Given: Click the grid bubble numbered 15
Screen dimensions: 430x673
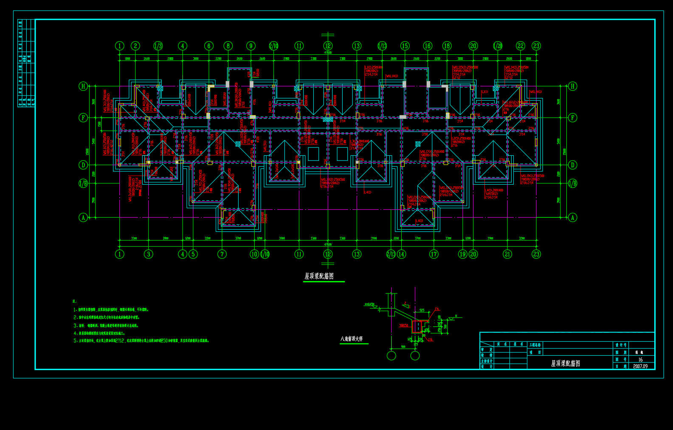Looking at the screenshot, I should click(x=405, y=46).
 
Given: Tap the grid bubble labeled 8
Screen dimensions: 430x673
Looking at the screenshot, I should click(x=228, y=46).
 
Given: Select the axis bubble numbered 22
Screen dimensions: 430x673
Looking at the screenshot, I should click(x=521, y=46).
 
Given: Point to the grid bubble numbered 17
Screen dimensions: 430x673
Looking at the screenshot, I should click(x=434, y=254).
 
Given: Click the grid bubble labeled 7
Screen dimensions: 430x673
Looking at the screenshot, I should click(x=222, y=254).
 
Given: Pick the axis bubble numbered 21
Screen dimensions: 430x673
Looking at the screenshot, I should click(x=507, y=254).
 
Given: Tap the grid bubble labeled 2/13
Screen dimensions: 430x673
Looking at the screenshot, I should click(x=391, y=254).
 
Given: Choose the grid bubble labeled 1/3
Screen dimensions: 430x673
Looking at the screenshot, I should click(x=158, y=46).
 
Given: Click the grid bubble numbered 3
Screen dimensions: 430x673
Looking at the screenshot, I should click(x=148, y=254).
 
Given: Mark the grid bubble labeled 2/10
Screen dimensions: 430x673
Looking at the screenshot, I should click(x=273, y=46).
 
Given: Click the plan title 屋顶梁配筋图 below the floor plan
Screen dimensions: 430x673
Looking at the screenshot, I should click(x=319, y=276).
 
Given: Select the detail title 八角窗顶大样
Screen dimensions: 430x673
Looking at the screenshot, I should click(x=352, y=339).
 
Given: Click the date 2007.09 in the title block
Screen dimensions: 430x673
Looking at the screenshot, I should click(x=640, y=366).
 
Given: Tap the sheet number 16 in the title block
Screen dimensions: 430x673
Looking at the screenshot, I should click(x=640, y=360).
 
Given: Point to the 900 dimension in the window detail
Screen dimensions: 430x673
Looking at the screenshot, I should click(x=403, y=347).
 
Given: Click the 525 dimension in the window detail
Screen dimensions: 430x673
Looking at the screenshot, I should click(x=422, y=310).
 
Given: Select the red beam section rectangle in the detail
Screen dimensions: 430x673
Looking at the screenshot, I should click(x=417, y=326).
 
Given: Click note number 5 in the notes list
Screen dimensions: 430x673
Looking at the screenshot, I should click(x=75, y=340).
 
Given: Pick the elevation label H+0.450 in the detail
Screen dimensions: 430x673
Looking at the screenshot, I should click(x=370, y=304).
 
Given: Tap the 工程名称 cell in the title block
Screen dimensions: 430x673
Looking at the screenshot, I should click(x=535, y=345).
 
